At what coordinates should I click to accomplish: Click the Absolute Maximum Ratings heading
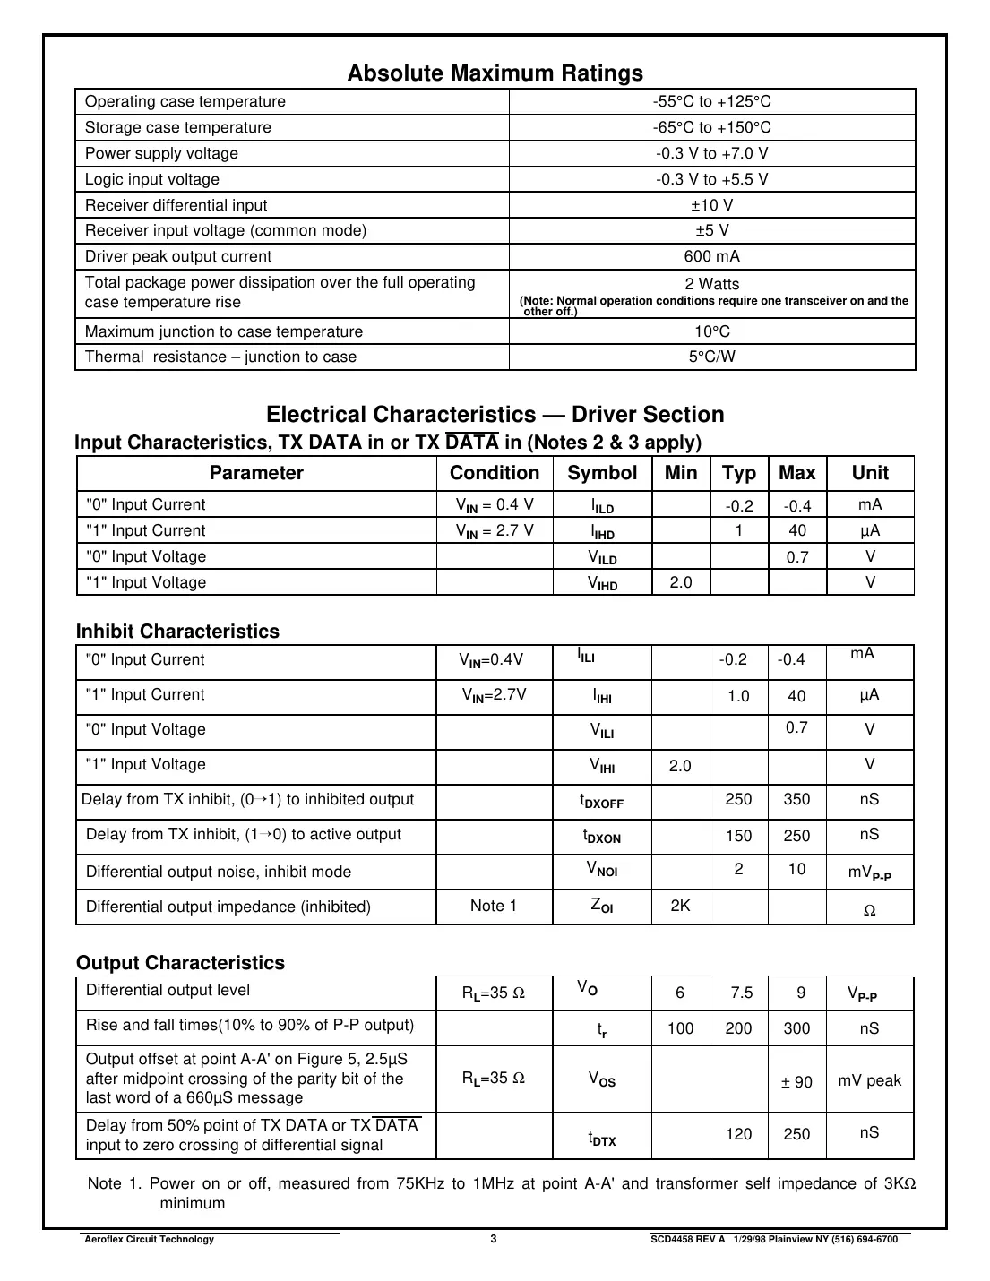(495, 73)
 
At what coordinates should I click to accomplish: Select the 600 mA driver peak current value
(711, 257)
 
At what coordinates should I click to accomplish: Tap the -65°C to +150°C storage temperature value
(711, 128)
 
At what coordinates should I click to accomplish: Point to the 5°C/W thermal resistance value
(711, 357)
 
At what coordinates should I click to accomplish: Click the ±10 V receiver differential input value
(711, 205)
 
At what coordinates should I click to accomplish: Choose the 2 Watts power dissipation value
(711, 284)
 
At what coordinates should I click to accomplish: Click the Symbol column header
(602, 473)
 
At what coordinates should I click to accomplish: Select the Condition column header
(495, 473)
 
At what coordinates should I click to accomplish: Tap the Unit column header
(870, 473)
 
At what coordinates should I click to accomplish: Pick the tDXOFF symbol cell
(601, 801)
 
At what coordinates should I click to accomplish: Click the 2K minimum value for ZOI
(680, 906)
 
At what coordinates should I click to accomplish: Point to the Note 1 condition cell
(494, 906)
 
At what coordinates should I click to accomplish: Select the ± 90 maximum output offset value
(796, 1082)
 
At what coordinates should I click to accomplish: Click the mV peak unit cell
(869, 1080)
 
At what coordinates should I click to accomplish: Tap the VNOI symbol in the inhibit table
(601, 869)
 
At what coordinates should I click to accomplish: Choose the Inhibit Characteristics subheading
(177, 632)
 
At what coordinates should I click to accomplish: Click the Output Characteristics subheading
(180, 963)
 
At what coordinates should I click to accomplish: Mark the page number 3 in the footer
(494, 1239)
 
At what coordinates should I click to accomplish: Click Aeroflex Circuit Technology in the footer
(149, 1240)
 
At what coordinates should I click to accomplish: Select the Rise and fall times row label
(250, 1026)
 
